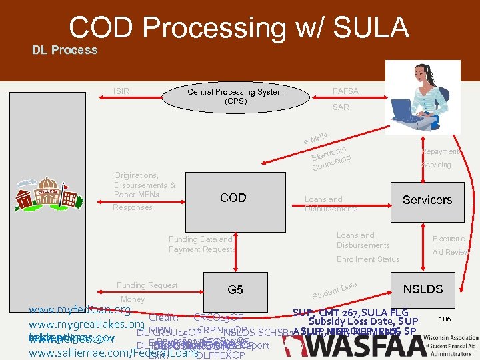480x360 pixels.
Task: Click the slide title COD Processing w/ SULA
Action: coord(239,28)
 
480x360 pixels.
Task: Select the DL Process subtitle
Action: coord(65,50)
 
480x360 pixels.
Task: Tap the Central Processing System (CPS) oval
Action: coord(235,97)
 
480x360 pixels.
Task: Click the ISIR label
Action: coord(121,91)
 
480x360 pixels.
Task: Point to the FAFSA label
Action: coord(345,91)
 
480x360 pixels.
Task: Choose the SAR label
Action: coord(341,107)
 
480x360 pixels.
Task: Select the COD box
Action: coord(233,198)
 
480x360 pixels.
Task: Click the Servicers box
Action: coord(427,200)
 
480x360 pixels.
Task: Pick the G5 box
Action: coord(235,290)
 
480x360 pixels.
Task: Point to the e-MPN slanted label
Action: coord(315,137)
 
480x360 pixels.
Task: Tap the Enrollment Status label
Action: coord(368,259)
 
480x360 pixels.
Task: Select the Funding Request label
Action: coord(147,285)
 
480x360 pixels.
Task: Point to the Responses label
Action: coord(133,207)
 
